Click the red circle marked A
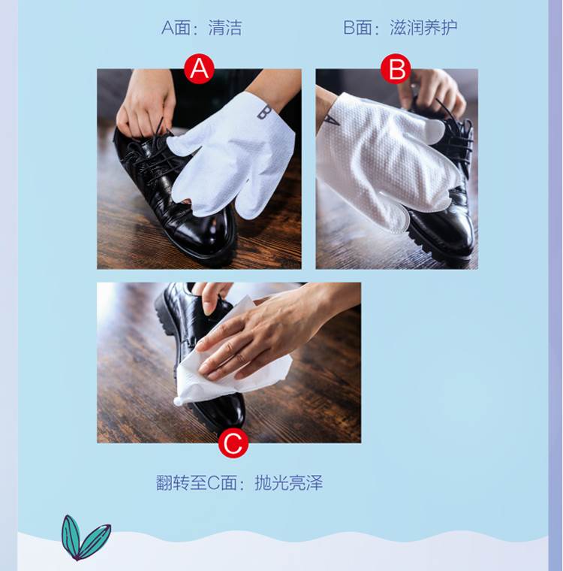pyautogui.click(x=199, y=68)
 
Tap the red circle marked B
pyautogui.click(x=396, y=68)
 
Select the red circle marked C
pyautogui.click(x=233, y=443)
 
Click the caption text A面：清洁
pyautogui.click(x=202, y=28)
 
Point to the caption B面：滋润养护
pyautogui.click(x=400, y=28)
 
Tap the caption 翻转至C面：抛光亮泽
pyautogui.click(x=239, y=483)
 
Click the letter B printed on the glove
pyautogui.click(x=264, y=112)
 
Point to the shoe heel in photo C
pyautogui.click(x=167, y=310)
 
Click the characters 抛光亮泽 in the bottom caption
pyautogui.click(x=288, y=483)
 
